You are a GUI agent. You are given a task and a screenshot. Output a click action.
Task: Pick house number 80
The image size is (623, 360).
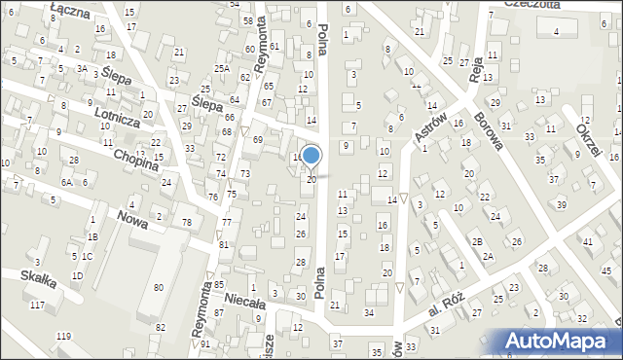[158, 287]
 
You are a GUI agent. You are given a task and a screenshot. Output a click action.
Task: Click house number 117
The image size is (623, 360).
[37, 306]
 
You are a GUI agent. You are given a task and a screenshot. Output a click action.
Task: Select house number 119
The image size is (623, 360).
[63, 336]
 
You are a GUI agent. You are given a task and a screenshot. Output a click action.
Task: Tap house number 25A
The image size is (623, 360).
[222, 68]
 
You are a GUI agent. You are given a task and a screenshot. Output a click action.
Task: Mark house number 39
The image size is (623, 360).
[561, 204]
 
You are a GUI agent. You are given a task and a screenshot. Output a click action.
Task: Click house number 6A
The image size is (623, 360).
[66, 182]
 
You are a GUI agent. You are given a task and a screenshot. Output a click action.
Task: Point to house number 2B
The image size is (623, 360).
[477, 241]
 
